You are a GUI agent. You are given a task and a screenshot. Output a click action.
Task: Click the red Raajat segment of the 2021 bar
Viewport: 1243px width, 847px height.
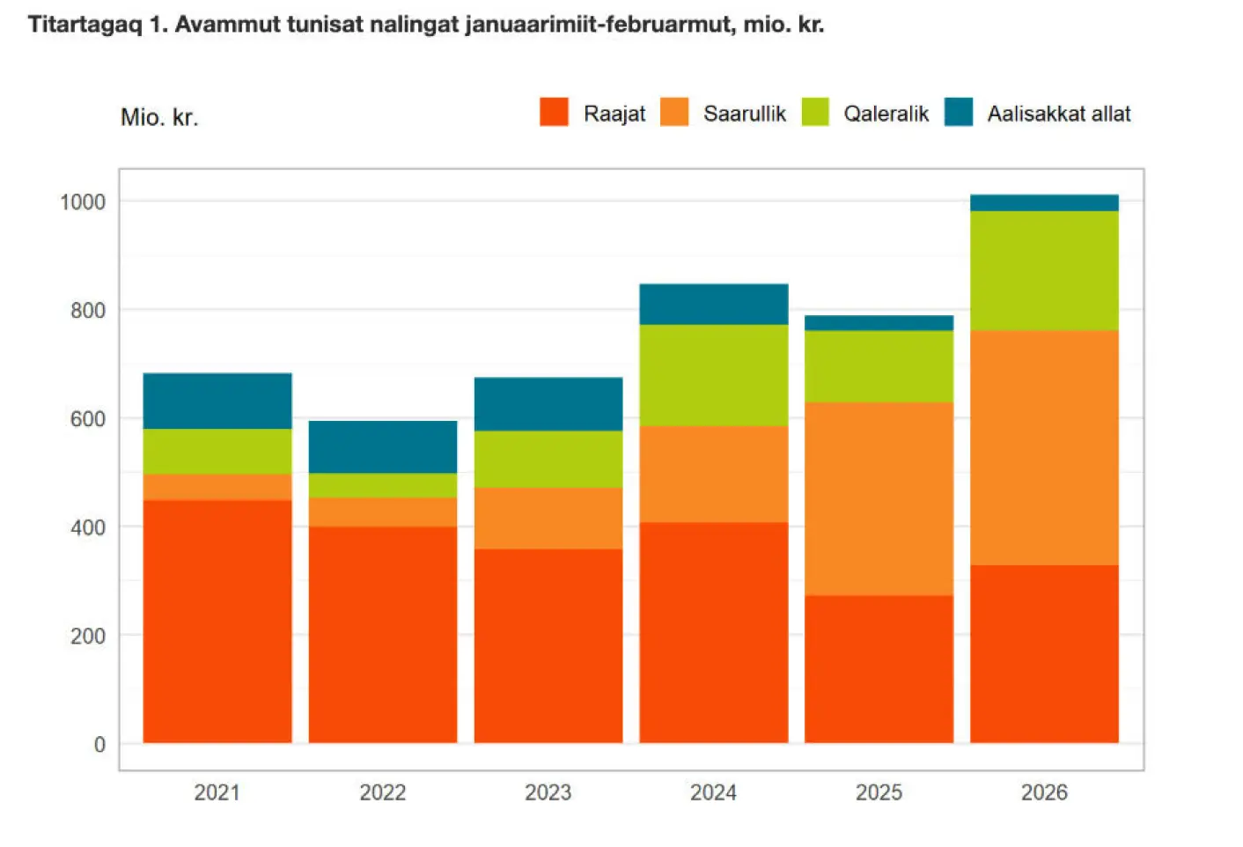[217, 621]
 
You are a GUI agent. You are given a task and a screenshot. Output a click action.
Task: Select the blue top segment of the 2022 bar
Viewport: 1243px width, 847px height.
[383, 446]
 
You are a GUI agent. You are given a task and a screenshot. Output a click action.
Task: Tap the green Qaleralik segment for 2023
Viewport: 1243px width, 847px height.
[548, 459]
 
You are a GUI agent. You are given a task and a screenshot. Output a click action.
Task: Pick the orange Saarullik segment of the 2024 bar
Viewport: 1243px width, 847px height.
[714, 474]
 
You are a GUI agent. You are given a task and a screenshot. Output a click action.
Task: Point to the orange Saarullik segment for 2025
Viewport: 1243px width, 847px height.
[879, 498]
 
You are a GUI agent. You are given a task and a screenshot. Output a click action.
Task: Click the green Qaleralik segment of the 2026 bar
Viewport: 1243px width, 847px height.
[1044, 270]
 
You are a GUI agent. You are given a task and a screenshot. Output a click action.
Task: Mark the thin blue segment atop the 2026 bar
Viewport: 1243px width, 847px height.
[1044, 203]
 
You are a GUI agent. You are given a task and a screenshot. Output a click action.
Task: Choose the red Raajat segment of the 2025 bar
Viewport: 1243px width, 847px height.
[879, 669]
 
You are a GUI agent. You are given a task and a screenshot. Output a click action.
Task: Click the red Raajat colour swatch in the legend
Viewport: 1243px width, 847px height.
[554, 113]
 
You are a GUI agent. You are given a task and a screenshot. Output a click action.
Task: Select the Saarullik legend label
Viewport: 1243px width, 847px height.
[744, 114]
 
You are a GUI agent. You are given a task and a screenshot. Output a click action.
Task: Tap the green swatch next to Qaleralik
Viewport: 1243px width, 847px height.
[815, 113]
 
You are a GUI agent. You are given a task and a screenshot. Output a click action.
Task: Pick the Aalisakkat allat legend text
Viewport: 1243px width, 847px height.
[1058, 114]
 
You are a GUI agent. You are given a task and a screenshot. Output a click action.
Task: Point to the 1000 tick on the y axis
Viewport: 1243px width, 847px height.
[83, 202]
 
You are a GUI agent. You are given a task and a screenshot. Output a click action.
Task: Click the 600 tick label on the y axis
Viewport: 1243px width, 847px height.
[87, 418]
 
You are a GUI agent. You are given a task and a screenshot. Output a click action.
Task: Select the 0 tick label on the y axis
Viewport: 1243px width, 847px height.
[99, 744]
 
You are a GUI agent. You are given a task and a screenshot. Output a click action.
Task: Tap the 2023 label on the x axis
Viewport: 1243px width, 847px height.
[548, 792]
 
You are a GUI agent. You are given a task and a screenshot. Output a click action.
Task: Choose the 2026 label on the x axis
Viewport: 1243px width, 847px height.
[1044, 792]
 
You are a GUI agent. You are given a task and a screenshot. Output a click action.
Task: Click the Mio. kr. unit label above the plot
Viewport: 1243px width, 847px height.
[159, 117]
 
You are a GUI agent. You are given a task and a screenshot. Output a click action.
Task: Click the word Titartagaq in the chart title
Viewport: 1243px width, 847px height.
[85, 24]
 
